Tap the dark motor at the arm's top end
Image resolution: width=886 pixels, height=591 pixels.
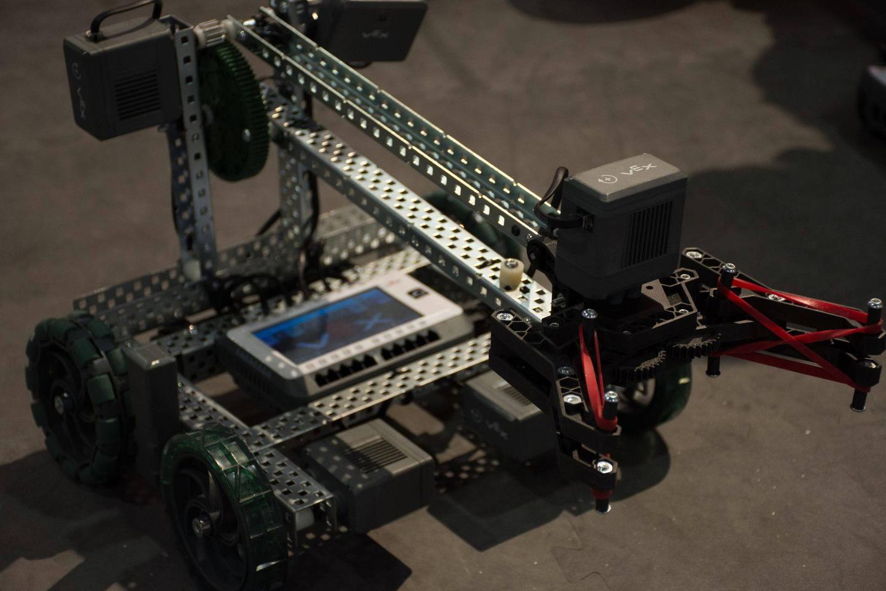click(x=375, y=28)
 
